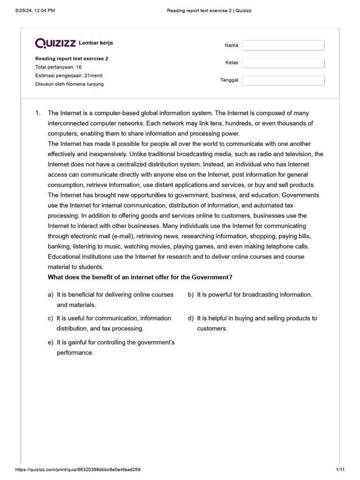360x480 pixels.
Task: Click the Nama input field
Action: click(x=283, y=45)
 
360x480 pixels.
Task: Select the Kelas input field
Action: click(x=283, y=63)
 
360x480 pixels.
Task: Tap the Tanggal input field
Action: click(x=283, y=80)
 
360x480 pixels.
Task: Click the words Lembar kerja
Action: click(x=96, y=43)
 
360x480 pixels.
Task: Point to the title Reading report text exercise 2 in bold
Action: click(x=72, y=59)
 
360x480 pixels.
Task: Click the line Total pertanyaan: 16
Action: click(x=58, y=67)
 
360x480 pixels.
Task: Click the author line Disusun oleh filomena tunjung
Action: click(x=69, y=84)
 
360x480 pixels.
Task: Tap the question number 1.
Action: click(x=38, y=113)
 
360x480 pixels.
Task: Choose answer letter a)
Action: click(x=50, y=294)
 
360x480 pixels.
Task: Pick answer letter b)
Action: click(x=191, y=294)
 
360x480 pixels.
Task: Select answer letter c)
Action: click(x=50, y=318)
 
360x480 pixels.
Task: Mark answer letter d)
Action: click(x=191, y=318)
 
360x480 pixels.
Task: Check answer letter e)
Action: click(x=50, y=342)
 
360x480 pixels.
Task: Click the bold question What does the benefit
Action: click(x=140, y=277)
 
